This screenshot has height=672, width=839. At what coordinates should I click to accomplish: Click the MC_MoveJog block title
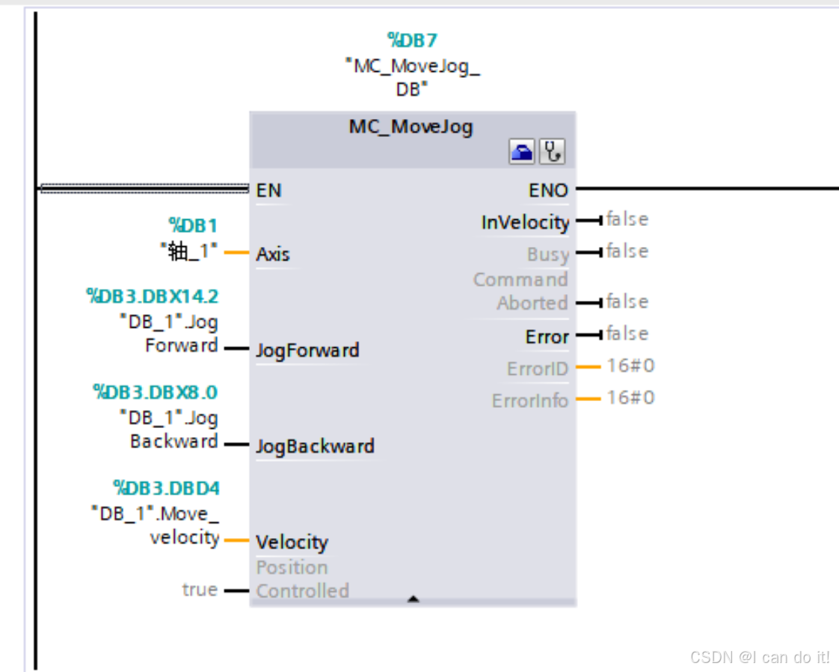click(411, 126)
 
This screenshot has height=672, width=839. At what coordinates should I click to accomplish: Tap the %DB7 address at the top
click(411, 40)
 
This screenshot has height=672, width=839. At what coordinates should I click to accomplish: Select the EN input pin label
click(268, 191)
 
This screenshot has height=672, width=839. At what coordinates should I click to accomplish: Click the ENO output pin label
click(548, 191)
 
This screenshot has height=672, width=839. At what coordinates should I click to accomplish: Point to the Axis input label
click(273, 254)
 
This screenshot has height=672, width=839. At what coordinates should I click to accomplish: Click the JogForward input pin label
click(307, 350)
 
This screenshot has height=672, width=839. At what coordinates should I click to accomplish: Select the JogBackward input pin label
click(315, 447)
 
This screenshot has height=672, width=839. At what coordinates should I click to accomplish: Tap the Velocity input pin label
click(292, 542)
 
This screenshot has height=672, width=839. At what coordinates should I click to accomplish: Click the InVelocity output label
click(525, 222)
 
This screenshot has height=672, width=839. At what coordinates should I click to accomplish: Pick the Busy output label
click(547, 254)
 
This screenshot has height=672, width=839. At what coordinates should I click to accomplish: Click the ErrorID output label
click(538, 368)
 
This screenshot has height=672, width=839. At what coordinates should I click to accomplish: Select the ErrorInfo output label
click(530, 400)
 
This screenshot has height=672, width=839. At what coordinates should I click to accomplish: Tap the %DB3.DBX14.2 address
click(153, 297)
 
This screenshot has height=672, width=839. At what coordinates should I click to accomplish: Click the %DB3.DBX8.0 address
click(156, 392)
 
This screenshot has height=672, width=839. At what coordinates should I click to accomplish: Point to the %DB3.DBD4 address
click(167, 489)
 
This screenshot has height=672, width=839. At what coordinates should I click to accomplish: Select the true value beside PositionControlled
click(200, 590)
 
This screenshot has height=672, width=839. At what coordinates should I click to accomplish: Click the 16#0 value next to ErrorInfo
click(630, 397)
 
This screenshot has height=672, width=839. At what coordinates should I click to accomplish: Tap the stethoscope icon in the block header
click(553, 153)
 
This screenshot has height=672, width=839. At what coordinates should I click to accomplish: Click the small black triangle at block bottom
click(413, 599)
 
